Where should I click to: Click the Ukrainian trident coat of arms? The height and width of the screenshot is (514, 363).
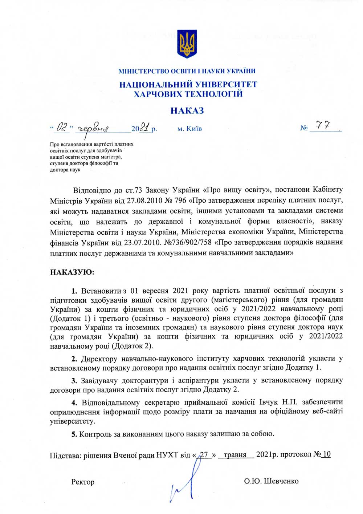coord(187,44)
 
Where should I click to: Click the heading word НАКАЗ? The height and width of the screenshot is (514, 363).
coord(187,110)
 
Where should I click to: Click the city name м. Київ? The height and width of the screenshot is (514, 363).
coord(190,129)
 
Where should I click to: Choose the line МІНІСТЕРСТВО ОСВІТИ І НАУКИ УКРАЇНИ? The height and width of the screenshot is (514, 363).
coord(187,71)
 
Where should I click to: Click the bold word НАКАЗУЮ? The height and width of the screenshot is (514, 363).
coord(72,272)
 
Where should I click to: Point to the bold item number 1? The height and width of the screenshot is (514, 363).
coord(74,291)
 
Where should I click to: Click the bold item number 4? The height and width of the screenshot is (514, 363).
coord(74,402)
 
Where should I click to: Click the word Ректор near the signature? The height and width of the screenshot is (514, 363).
coord(83,482)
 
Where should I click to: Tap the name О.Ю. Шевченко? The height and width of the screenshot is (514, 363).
coord(271,481)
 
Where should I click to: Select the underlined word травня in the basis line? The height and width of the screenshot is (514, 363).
coord(235,455)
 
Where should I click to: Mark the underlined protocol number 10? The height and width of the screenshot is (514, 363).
coord(326,454)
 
